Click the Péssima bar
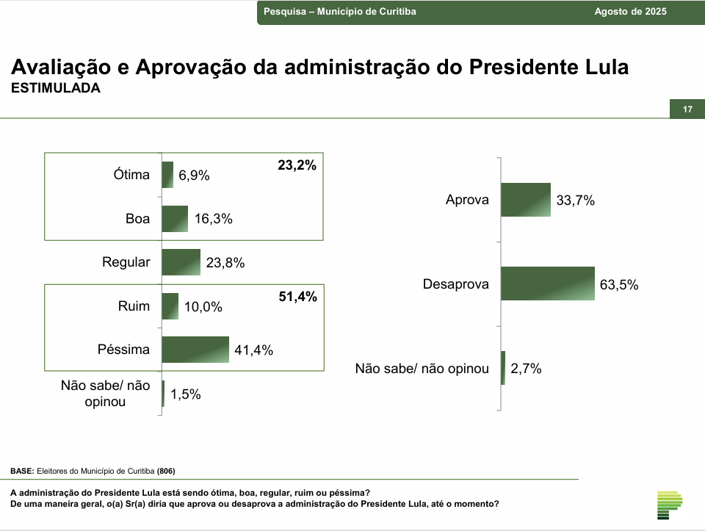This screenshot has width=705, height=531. (x=195, y=350)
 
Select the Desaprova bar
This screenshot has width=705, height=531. (x=547, y=283)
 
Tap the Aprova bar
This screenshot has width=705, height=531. (x=525, y=200)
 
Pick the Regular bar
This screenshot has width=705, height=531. (x=181, y=262)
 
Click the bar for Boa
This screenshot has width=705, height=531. (x=175, y=218)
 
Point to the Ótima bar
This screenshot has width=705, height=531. (x=167, y=175)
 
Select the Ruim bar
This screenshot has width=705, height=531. (x=170, y=306)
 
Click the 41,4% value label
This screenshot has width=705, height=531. (x=253, y=350)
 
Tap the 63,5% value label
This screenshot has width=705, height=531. (x=619, y=285)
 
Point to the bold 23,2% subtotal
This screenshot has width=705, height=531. (x=297, y=166)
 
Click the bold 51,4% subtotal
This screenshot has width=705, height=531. (x=297, y=297)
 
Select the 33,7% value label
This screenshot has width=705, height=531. (x=575, y=201)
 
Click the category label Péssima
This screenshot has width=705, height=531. (x=123, y=350)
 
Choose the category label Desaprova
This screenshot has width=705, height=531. (x=455, y=284)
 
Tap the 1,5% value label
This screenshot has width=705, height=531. (x=185, y=394)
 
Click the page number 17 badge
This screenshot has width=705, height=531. (x=687, y=109)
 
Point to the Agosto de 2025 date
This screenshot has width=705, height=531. (x=631, y=12)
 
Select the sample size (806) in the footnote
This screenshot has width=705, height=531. (x=164, y=471)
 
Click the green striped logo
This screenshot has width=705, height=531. (x=669, y=504)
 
